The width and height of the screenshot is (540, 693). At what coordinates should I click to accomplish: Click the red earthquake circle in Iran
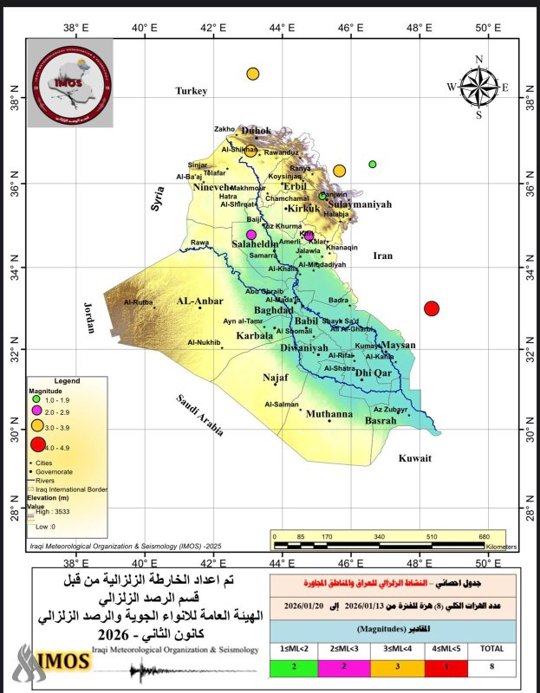pos(432,308)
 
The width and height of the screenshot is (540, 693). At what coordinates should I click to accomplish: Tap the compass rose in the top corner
pos(478,86)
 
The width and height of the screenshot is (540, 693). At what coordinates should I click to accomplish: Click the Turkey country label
pos(192,91)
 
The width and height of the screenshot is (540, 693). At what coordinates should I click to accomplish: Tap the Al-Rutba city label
pos(138,302)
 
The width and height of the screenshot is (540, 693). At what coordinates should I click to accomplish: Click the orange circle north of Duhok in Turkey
pos(253,74)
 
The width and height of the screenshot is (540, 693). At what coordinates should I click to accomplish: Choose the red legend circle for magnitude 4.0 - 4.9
pos(37,445)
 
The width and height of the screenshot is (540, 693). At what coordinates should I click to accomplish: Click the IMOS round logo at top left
pos(68,84)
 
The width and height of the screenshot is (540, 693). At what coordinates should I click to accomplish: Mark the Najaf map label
pos(276,379)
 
